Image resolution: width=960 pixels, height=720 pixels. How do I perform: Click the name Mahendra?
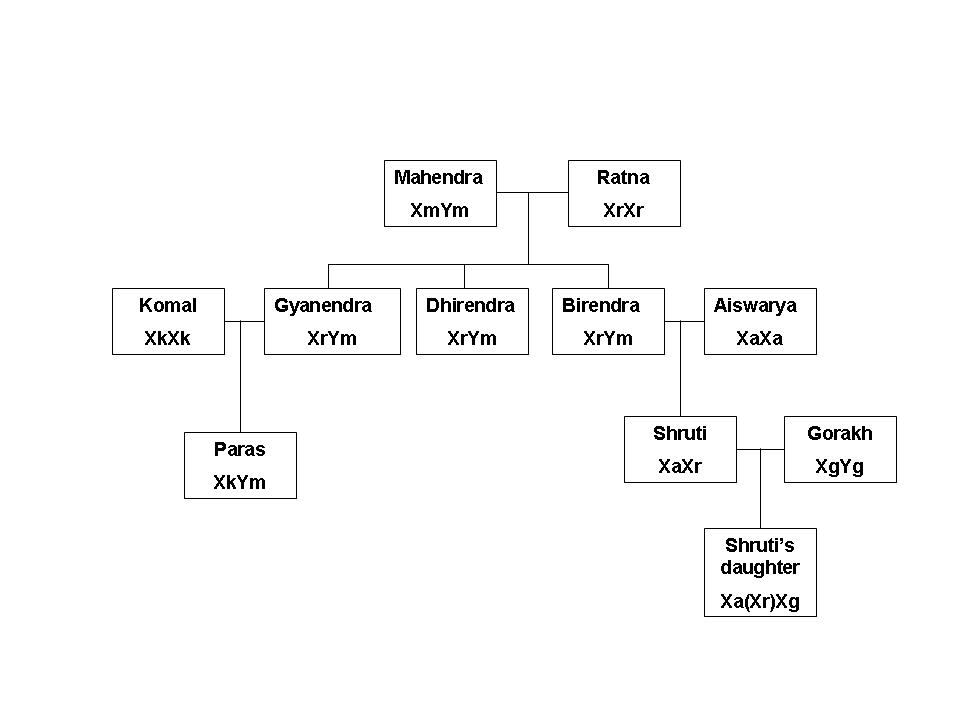pyautogui.click(x=438, y=178)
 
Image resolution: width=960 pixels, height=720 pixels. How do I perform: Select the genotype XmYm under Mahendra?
pyautogui.click(x=439, y=210)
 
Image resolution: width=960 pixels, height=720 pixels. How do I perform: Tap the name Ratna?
pyautogui.click(x=623, y=178)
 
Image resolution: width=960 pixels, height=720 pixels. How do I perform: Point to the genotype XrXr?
pyautogui.click(x=623, y=210)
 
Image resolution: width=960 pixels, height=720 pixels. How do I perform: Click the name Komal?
pyautogui.click(x=168, y=306)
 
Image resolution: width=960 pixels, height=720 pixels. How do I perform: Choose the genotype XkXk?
pyautogui.click(x=167, y=338)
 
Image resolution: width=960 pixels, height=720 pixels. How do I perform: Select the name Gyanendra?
pyautogui.click(x=323, y=306)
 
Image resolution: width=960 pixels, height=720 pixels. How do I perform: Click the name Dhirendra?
pyautogui.click(x=470, y=306)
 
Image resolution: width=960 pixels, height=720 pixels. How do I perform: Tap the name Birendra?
pyautogui.click(x=600, y=306)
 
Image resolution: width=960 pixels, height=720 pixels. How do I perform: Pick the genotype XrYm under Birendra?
pyautogui.click(x=608, y=338)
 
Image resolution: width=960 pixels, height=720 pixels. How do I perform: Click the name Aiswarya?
pyautogui.click(x=755, y=306)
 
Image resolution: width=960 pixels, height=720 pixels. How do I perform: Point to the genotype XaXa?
pyautogui.click(x=759, y=338)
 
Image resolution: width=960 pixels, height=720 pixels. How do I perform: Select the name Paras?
pyautogui.click(x=240, y=450)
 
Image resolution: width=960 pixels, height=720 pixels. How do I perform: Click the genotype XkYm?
pyautogui.click(x=240, y=482)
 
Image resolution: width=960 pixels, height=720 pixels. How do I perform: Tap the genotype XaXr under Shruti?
pyautogui.click(x=680, y=466)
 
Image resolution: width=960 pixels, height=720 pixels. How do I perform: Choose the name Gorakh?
pyautogui.click(x=840, y=434)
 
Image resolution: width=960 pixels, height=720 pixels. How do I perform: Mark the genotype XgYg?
pyautogui.click(x=839, y=466)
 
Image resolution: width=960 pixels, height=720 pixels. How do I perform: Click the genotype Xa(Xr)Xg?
pyautogui.click(x=760, y=602)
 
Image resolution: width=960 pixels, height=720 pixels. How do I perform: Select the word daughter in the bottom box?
pyautogui.click(x=760, y=568)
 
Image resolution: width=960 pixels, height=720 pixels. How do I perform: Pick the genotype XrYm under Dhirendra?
pyautogui.click(x=472, y=338)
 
